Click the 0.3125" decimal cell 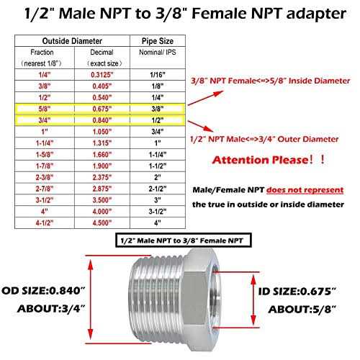click(x=102, y=75)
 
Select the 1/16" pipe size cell click(x=158, y=75)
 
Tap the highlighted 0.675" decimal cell click(x=102, y=109)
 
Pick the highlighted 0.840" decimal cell click(x=102, y=120)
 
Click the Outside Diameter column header click(x=72, y=41)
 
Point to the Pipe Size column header click(x=158, y=41)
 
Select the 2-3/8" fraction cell click(x=45, y=177)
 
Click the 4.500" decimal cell click(x=102, y=223)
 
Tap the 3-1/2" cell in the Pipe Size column click(x=158, y=212)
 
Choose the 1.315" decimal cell click(x=102, y=143)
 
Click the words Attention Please click(x=261, y=160)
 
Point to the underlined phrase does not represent click(x=305, y=190)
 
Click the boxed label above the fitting click(x=184, y=240)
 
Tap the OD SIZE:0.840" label click(x=43, y=291)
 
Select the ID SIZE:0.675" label click(x=297, y=292)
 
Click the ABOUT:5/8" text click(x=302, y=310)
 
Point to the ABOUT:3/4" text click(x=51, y=309)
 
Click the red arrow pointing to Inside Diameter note click(x=206, y=98)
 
